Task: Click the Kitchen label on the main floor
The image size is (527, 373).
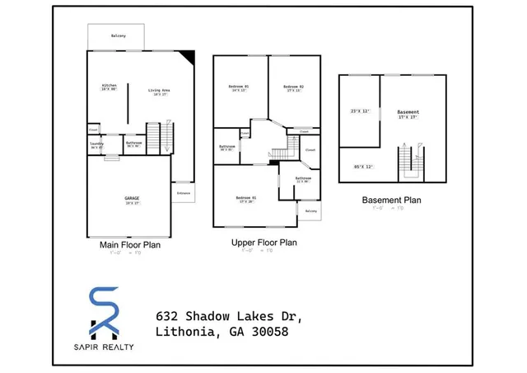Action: (109, 86)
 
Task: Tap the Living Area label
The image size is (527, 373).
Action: (159, 90)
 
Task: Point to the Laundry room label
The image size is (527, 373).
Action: (96, 143)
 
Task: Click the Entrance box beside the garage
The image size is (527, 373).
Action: (183, 194)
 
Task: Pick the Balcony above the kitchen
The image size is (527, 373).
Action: (118, 35)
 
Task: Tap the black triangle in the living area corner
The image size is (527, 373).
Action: (188, 57)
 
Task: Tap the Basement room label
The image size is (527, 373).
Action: (408, 112)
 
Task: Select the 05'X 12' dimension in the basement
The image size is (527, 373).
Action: (363, 167)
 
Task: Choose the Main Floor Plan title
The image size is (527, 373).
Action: (129, 245)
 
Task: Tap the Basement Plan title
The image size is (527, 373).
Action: (392, 200)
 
